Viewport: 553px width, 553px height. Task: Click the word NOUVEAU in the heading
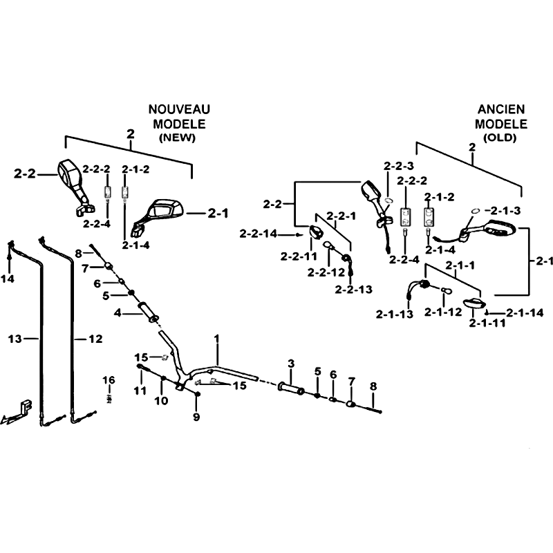tap(179, 109)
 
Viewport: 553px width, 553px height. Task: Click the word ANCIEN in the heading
tap(501, 109)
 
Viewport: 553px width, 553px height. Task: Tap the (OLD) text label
tap(500, 138)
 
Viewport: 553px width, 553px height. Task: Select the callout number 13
tap(15, 339)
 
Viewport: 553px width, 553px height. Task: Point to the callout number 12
tap(95, 339)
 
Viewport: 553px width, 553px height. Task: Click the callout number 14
tap(8, 279)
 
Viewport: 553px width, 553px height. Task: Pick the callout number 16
tap(109, 380)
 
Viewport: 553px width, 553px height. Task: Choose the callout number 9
tap(196, 417)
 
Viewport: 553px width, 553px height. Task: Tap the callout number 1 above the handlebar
tap(216, 339)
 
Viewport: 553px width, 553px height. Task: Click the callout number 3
tap(291, 364)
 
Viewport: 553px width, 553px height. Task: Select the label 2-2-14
tap(259, 234)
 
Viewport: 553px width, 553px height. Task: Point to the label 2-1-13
tap(394, 314)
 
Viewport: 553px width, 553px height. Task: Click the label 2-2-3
tap(399, 166)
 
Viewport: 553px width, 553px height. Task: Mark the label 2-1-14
tap(525, 312)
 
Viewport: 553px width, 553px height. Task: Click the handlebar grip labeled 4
tap(148, 312)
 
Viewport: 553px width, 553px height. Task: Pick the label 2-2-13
tap(354, 289)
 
